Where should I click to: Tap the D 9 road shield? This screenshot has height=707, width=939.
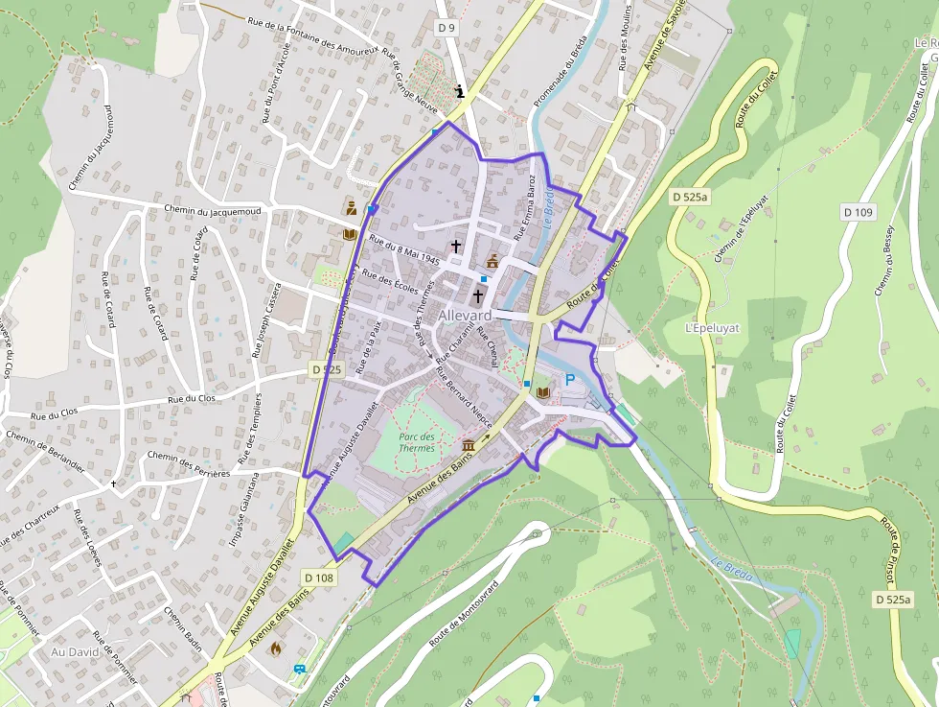[x=447, y=28]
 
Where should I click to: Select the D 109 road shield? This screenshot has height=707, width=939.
[x=859, y=211]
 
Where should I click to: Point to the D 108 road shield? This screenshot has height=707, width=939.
[x=318, y=577]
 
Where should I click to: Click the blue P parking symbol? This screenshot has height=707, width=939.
[x=570, y=380]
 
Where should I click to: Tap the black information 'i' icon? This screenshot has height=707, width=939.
[x=461, y=92]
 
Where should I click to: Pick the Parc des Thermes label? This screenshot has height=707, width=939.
[x=416, y=441]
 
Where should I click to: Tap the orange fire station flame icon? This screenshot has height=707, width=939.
[x=277, y=648]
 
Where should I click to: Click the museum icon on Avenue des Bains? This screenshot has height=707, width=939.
[x=469, y=446]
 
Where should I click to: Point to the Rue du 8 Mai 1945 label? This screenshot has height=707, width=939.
[x=403, y=251]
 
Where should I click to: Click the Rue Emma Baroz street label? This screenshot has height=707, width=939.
[x=526, y=206]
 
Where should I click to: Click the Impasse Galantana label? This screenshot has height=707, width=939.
[x=244, y=508]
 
